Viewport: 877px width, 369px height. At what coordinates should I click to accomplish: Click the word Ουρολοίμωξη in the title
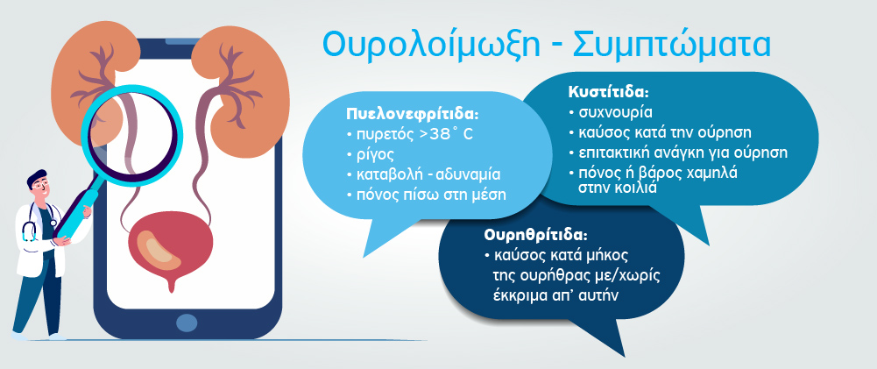[431, 45]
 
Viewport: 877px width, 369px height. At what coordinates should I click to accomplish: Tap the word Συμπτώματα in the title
[672, 45]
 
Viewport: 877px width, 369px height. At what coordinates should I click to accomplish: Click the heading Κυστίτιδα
[609, 92]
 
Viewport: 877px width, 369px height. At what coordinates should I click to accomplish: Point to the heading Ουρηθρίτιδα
[536, 235]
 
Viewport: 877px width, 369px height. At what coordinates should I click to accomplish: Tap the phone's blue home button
[187, 322]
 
